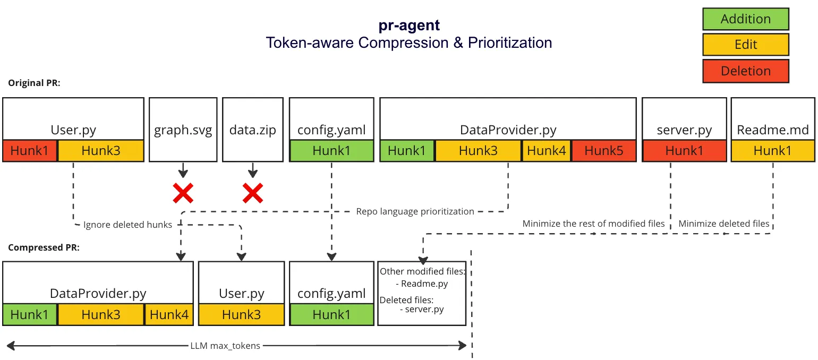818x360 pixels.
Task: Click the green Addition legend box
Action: click(x=745, y=19)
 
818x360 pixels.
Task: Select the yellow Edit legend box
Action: click(x=745, y=45)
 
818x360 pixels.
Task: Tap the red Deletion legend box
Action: click(x=745, y=71)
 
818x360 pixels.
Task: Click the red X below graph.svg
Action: click(x=183, y=194)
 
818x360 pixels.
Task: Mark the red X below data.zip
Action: click(x=253, y=194)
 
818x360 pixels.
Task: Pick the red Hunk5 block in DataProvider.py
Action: click(x=603, y=151)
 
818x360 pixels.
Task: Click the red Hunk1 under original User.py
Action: click(x=30, y=151)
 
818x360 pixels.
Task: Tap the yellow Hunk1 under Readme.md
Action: click(x=772, y=151)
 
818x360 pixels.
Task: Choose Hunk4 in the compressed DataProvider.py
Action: click(x=169, y=315)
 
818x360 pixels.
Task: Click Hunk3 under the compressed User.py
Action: click(x=242, y=315)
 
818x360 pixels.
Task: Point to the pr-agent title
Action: click(x=408, y=25)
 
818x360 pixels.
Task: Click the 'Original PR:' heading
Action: click(x=34, y=83)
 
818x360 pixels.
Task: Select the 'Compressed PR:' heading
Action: click(x=44, y=247)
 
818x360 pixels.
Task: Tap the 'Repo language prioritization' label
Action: click(x=415, y=211)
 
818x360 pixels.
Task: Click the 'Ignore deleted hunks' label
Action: click(x=127, y=225)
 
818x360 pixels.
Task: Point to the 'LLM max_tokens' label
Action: click(x=225, y=346)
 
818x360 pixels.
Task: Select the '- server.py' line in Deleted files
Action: click(x=422, y=309)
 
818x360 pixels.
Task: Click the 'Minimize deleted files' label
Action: click(x=723, y=224)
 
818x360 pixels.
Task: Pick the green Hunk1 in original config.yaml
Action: click(x=331, y=151)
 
